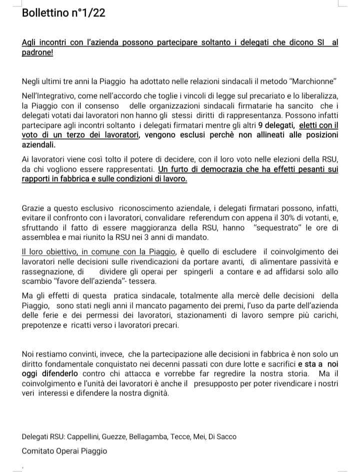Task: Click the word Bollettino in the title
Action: [x=45, y=13]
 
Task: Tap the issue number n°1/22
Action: [x=88, y=13]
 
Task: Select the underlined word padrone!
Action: [x=37, y=53]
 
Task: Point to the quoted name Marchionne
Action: [x=310, y=81]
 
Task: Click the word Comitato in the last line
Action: [x=38, y=451]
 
